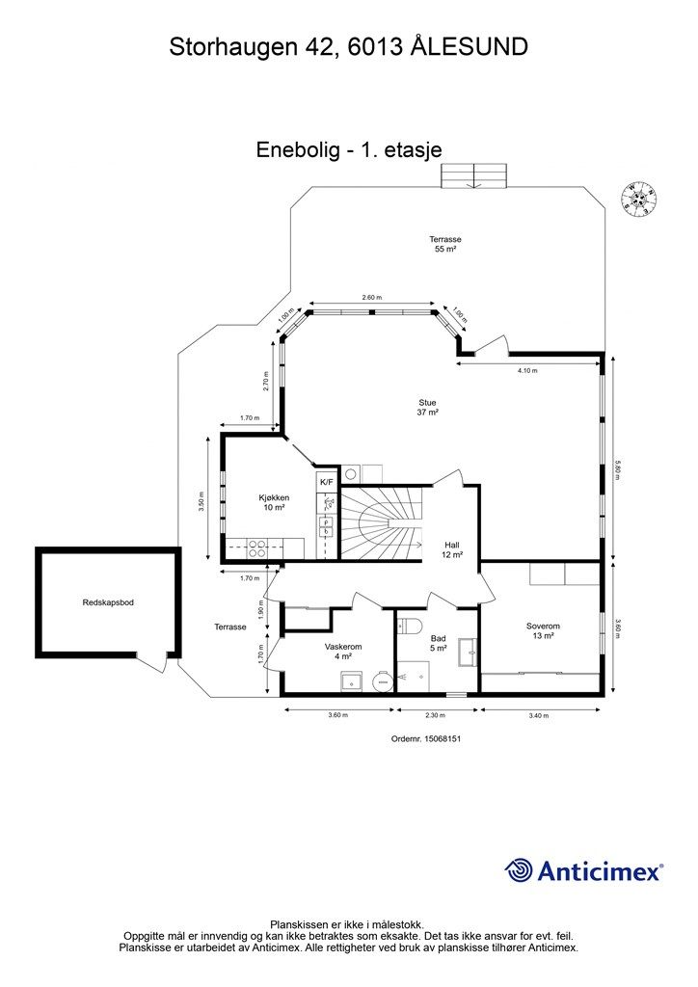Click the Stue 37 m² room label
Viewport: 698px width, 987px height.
click(428, 408)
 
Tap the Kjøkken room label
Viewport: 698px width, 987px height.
click(274, 503)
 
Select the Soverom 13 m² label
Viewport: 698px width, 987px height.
click(543, 631)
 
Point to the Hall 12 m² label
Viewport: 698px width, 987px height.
click(452, 549)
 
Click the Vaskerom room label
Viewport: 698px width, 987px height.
click(343, 652)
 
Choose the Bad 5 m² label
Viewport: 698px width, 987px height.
click(439, 643)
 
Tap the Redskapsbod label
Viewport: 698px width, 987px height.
click(107, 602)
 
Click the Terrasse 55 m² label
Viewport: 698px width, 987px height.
click(445, 244)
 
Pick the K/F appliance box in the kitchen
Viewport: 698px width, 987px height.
click(326, 481)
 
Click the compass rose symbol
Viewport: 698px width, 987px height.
click(639, 198)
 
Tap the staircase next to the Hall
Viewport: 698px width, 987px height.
click(383, 524)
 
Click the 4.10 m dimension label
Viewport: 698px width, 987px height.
click(527, 370)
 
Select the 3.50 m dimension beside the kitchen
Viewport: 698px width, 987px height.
click(202, 508)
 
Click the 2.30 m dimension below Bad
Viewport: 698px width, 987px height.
click(436, 715)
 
